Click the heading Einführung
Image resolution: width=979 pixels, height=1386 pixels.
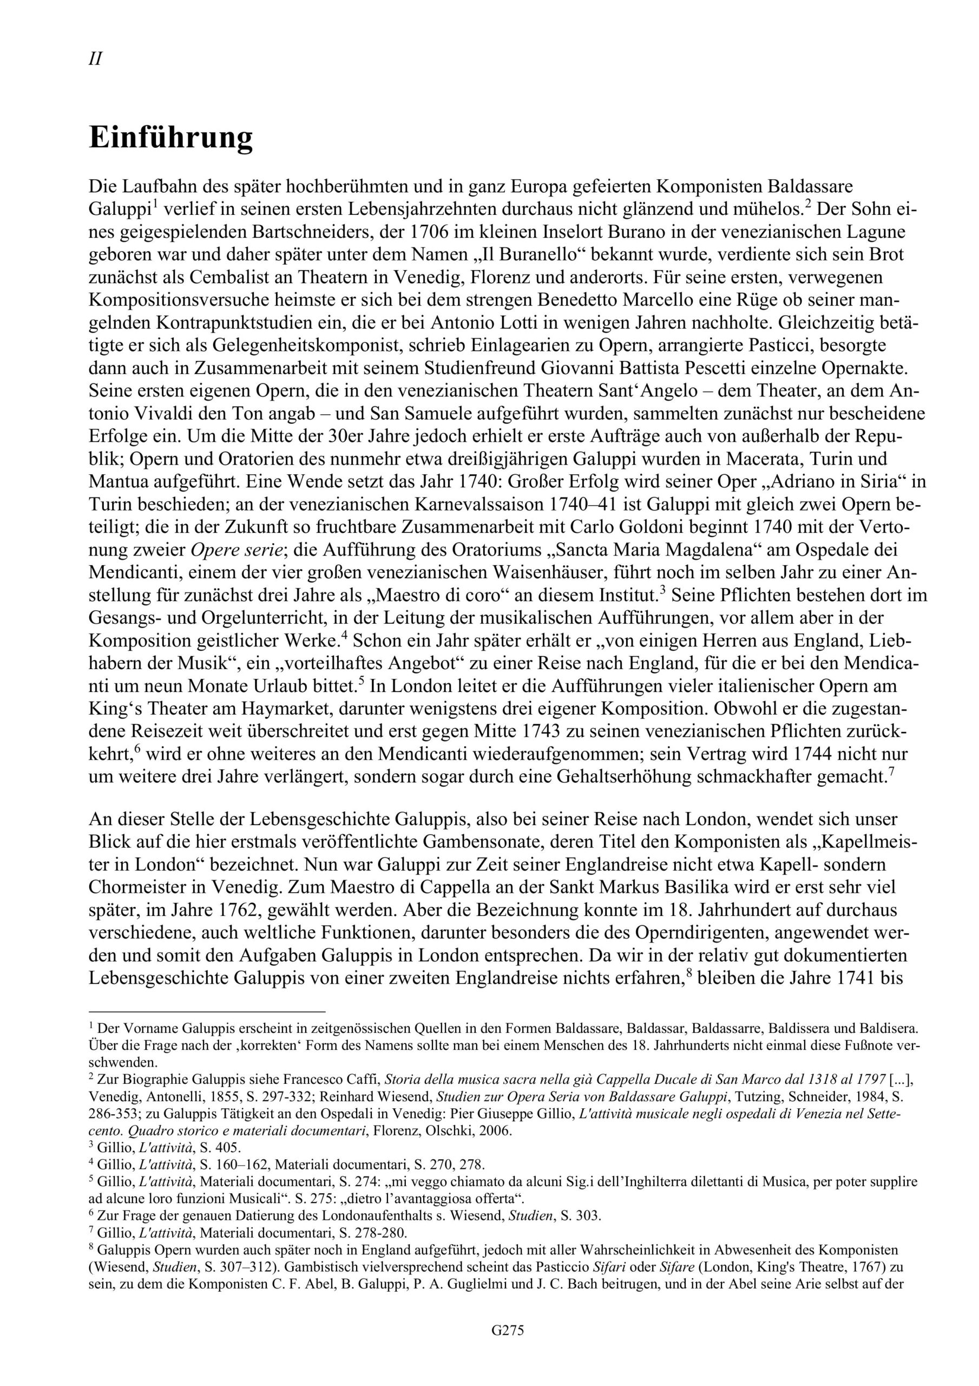[171, 138]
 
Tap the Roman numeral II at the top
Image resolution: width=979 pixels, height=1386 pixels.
[95, 59]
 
